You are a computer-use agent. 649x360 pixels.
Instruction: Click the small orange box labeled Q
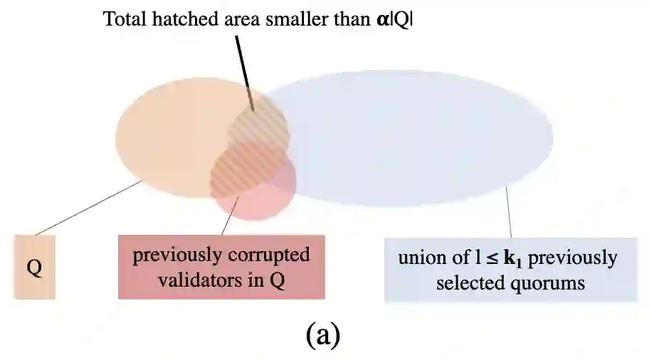point(34,267)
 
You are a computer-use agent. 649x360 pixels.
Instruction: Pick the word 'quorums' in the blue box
point(552,283)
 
